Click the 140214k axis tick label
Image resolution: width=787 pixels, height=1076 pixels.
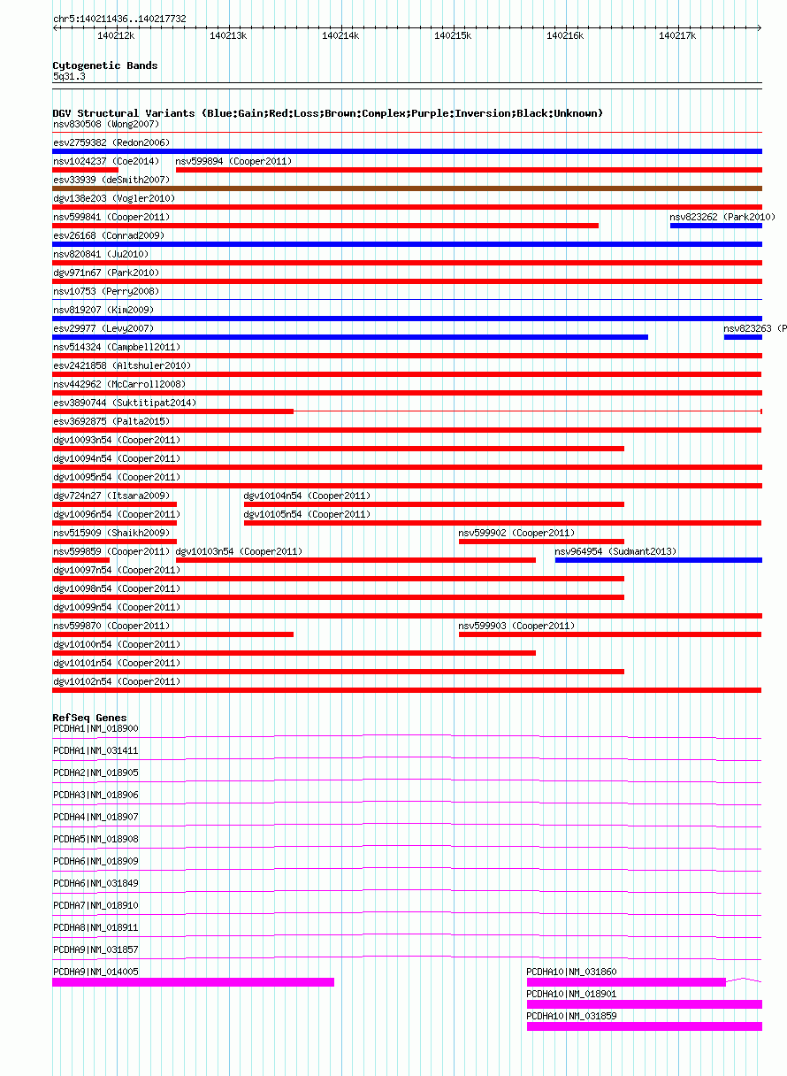click(x=340, y=35)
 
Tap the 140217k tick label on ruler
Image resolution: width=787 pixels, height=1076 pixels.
click(x=677, y=35)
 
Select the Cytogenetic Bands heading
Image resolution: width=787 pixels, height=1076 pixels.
click(x=104, y=65)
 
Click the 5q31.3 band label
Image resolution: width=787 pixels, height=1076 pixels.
click(x=69, y=77)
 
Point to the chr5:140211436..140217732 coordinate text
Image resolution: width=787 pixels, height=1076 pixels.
click(x=119, y=19)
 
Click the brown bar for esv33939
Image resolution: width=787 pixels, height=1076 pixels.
click(x=407, y=188)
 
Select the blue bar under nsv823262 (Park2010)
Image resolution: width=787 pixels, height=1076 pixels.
click(x=715, y=226)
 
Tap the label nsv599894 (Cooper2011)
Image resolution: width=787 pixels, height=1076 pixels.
click(x=233, y=161)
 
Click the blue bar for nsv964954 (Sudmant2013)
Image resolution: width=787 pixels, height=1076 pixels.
click(x=658, y=560)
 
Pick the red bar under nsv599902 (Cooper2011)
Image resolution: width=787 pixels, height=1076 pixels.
click(x=541, y=542)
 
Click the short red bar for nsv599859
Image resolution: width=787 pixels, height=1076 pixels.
click(x=80, y=560)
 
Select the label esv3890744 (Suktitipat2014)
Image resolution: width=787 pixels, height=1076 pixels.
click(x=125, y=403)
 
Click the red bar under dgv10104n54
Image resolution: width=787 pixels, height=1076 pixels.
click(x=433, y=504)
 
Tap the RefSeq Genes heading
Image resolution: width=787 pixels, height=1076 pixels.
click(x=89, y=718)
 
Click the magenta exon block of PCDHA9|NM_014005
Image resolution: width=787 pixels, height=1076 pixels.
click(x=193, y=982)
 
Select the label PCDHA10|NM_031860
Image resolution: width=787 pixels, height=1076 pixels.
click(x=571, y=972)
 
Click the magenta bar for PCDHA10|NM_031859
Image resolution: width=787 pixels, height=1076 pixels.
click(x=644, y=1026)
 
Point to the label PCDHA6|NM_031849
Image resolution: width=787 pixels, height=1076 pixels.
click(x=96, y=883)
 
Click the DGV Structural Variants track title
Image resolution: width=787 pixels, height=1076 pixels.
click(x=327, y=113)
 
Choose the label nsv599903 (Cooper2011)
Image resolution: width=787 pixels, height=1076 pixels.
click(x=516, y=626)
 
